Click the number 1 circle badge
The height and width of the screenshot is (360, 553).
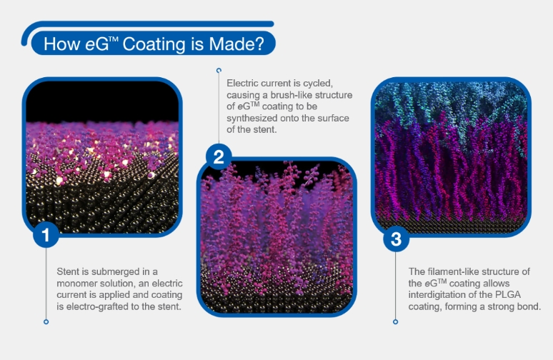tap(46, 236)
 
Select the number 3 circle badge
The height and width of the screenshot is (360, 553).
tap(395, 239)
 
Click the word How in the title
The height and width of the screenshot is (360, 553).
tap(59, 44)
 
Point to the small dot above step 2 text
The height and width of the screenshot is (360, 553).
tap(218, 70)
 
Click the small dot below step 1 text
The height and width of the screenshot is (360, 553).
tap(46, 321)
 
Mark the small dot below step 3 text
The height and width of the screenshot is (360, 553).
tap(395, 321)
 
